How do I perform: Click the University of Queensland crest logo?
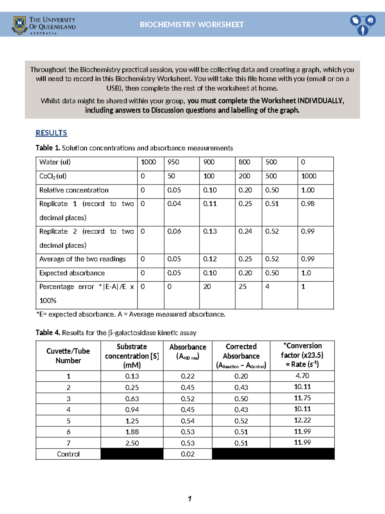[x=20, y=25]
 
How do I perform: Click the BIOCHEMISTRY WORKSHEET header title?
[x=192, y=25]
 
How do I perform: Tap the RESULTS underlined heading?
[x=51, y=133]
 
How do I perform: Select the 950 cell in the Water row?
[x=173, y=162]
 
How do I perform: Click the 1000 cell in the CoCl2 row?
[x=308, y=176]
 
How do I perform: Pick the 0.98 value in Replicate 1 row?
[x=307, y=204]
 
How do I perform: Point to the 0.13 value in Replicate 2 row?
[x=210, y=231]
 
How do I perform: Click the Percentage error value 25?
[x=243, y=287]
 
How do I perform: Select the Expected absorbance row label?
[x=72, y=273]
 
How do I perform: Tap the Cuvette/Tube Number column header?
[x=68, y=356]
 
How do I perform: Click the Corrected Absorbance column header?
[x=241, y=356]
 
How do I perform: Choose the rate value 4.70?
[x=302, y=376]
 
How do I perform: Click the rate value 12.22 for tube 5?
[x=302, y=420]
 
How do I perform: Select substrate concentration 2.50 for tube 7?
[x=132, y=443]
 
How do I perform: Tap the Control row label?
[x=68, y=454]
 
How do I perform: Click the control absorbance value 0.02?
[x=187, y=454]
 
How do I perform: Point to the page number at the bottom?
[x=190, y=499]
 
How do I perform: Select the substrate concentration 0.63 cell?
[x=132, y=398]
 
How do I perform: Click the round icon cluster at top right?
[x=363, y=25]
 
